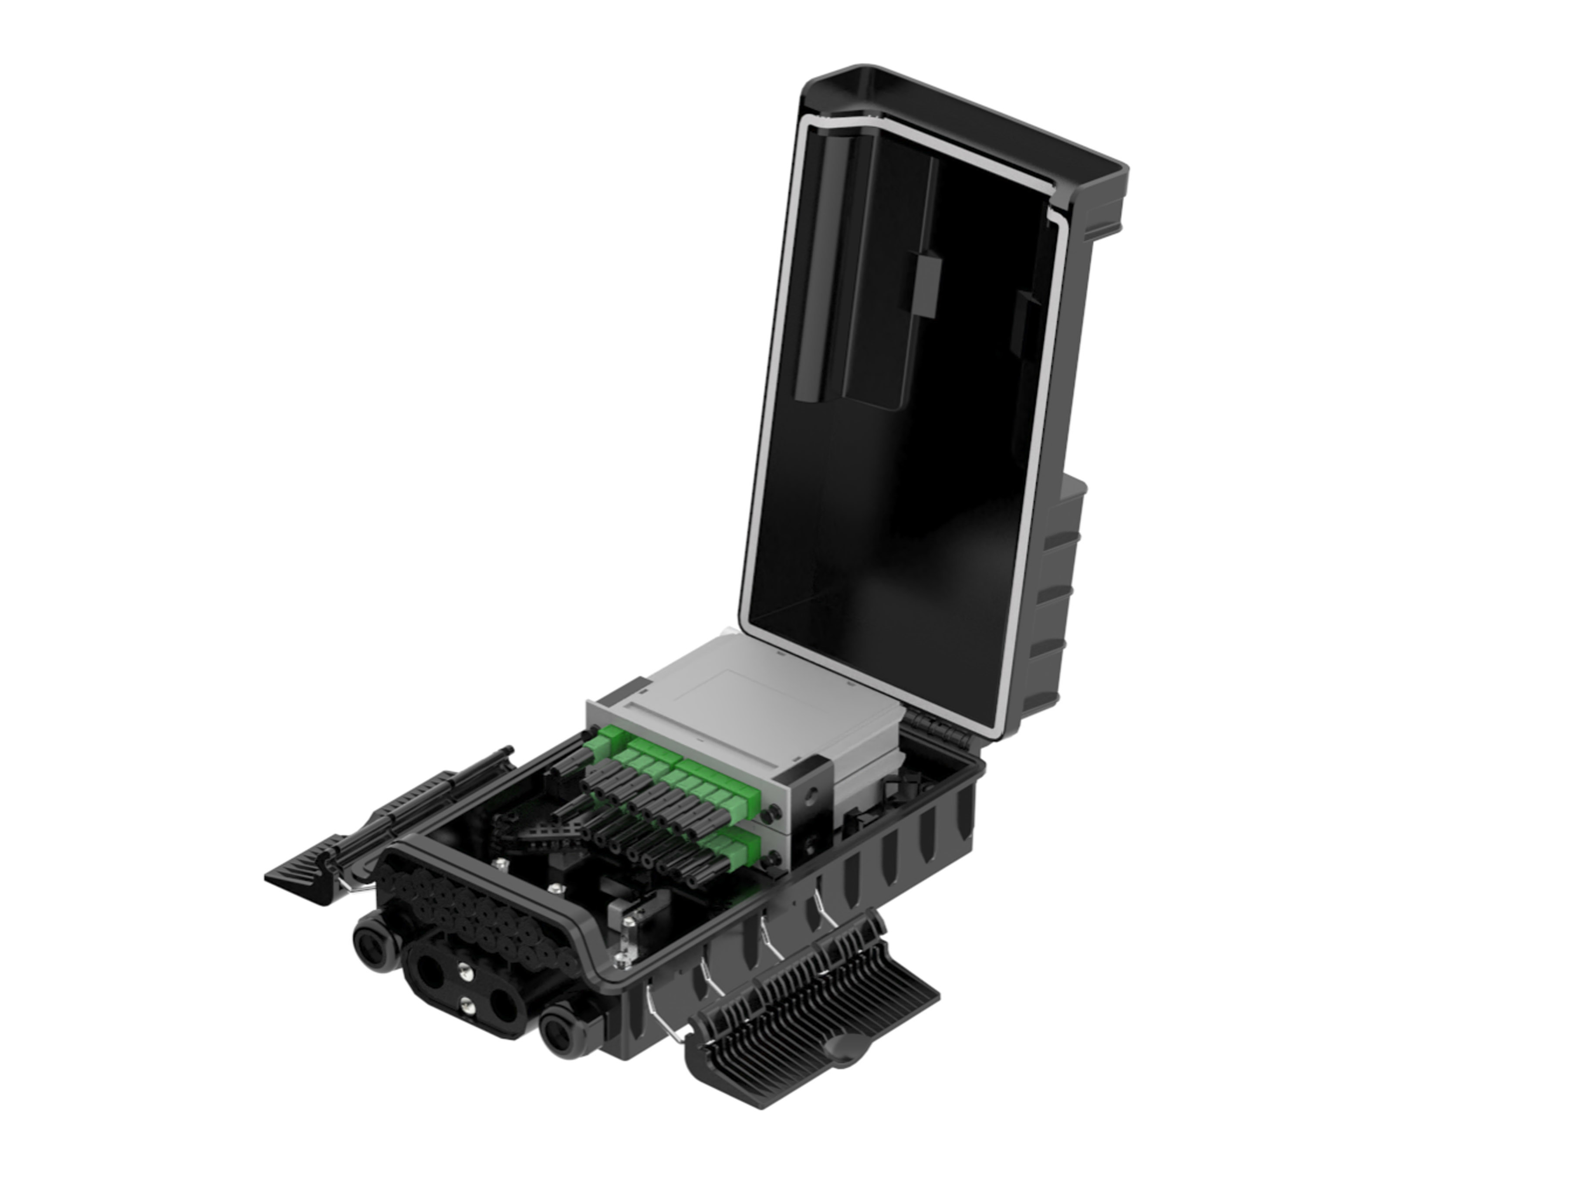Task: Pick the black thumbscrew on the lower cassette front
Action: (x=773, y=857)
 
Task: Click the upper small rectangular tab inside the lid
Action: (x=926, y=284)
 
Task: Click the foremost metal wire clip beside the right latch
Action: (x=664, y=1020)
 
